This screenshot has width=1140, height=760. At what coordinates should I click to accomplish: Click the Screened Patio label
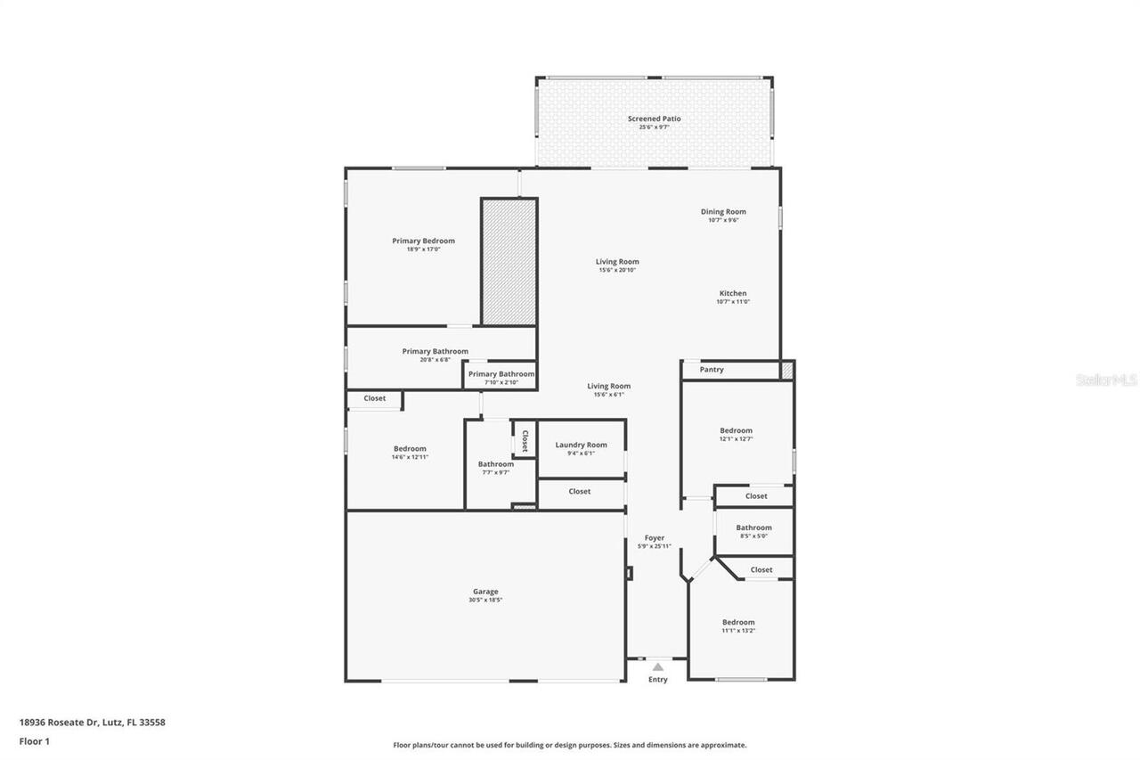click(x=654, y=118)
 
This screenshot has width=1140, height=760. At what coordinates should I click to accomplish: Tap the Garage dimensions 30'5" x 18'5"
click(x=485, y=601)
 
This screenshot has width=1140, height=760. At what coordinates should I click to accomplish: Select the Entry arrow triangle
click(x=657, y=666)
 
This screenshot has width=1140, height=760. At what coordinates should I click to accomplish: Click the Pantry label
click(x=712, y=369)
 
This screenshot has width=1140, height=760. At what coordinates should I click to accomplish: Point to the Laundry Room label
click(x=581, y=445)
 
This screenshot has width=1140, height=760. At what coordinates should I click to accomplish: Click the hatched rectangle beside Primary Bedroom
click(x=509, y=261)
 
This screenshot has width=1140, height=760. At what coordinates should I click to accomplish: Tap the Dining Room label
click(x=723, y=211)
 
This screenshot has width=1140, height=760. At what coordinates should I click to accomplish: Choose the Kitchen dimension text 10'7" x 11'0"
click(x=733, y=302)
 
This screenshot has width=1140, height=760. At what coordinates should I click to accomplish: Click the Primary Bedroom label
click(x=423, y=241)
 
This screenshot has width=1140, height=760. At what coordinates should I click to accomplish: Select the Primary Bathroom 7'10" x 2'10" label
click(x=501, y=374)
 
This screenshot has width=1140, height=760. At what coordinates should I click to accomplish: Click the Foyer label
click(x=655, y=537)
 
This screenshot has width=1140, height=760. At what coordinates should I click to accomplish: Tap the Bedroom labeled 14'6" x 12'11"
click(x=410, y=449)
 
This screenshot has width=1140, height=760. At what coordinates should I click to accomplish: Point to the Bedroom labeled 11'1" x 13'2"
click(x=738, y=622)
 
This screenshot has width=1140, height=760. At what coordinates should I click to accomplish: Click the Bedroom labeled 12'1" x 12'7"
click(x=736, y=430)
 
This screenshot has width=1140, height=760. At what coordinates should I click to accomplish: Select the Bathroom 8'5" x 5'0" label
click(x=753, y=527)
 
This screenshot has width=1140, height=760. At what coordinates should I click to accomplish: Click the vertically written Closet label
click(x=525, y=440)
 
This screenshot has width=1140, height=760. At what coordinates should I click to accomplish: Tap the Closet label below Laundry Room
click(x=580, y=491)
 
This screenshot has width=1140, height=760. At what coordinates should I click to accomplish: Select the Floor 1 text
click(x=34, y=740)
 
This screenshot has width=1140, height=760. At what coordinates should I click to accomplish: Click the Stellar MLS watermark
click(x=1106, y=380)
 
